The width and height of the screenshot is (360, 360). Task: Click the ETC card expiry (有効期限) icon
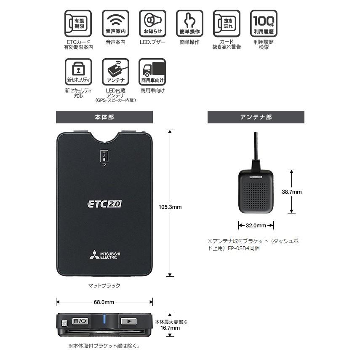click(78, 24)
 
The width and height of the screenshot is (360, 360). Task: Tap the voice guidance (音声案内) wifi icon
click(115, 24)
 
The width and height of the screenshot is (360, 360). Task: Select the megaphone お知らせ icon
click(152, 24)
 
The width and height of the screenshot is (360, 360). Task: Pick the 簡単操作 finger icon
click(189, 24)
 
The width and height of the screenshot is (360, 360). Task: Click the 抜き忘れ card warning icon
click(227, 24)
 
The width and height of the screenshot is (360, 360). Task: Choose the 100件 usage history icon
click(264, 24)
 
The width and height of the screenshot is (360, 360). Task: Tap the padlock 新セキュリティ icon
click(78, 72)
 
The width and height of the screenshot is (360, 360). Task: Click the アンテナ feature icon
click(115, 72)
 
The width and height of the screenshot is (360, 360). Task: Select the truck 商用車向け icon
click(152, 72)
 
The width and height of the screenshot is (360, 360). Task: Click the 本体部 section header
click(104, 117)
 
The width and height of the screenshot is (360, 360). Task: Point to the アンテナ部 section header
click(256, 117)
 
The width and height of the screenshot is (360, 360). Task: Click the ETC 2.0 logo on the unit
click(104, 204)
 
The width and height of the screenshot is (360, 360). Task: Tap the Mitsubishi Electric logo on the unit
click(104, 255)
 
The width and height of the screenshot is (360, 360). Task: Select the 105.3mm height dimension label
click(171, 207)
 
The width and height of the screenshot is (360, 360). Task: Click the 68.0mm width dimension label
click(104, 302)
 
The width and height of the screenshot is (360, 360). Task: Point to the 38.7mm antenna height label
click(292, 192)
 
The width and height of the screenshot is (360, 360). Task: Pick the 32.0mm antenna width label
click(256, 225)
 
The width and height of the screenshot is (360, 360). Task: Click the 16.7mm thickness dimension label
click(171, 328)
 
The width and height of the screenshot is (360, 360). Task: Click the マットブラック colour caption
click(104, 286)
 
